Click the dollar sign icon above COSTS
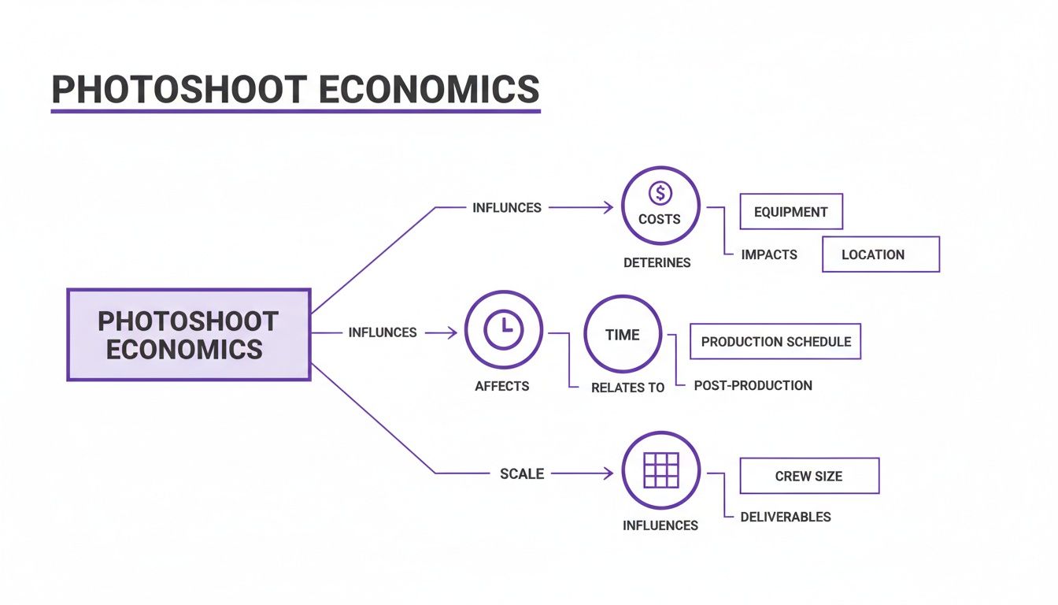(660, 193)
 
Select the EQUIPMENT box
(791, 212)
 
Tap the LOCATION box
(880, 254)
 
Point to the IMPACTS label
(769, 254)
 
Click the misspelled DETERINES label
(657, 262)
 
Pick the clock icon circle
(504, 332)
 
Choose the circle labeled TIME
(622, 335)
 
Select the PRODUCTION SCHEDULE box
(775, 342)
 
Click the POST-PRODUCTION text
(753, 385)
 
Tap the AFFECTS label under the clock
(502, 386)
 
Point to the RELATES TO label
(627, 388)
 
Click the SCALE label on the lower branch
(522, 473)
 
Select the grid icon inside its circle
(660, 470)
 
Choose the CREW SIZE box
(809, 476)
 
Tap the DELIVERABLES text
(786, 517)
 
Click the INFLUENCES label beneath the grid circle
(660, 525)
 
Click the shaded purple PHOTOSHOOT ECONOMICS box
(188, 335)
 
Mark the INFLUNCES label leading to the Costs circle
(507, 208)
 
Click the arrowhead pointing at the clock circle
(452, 332)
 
